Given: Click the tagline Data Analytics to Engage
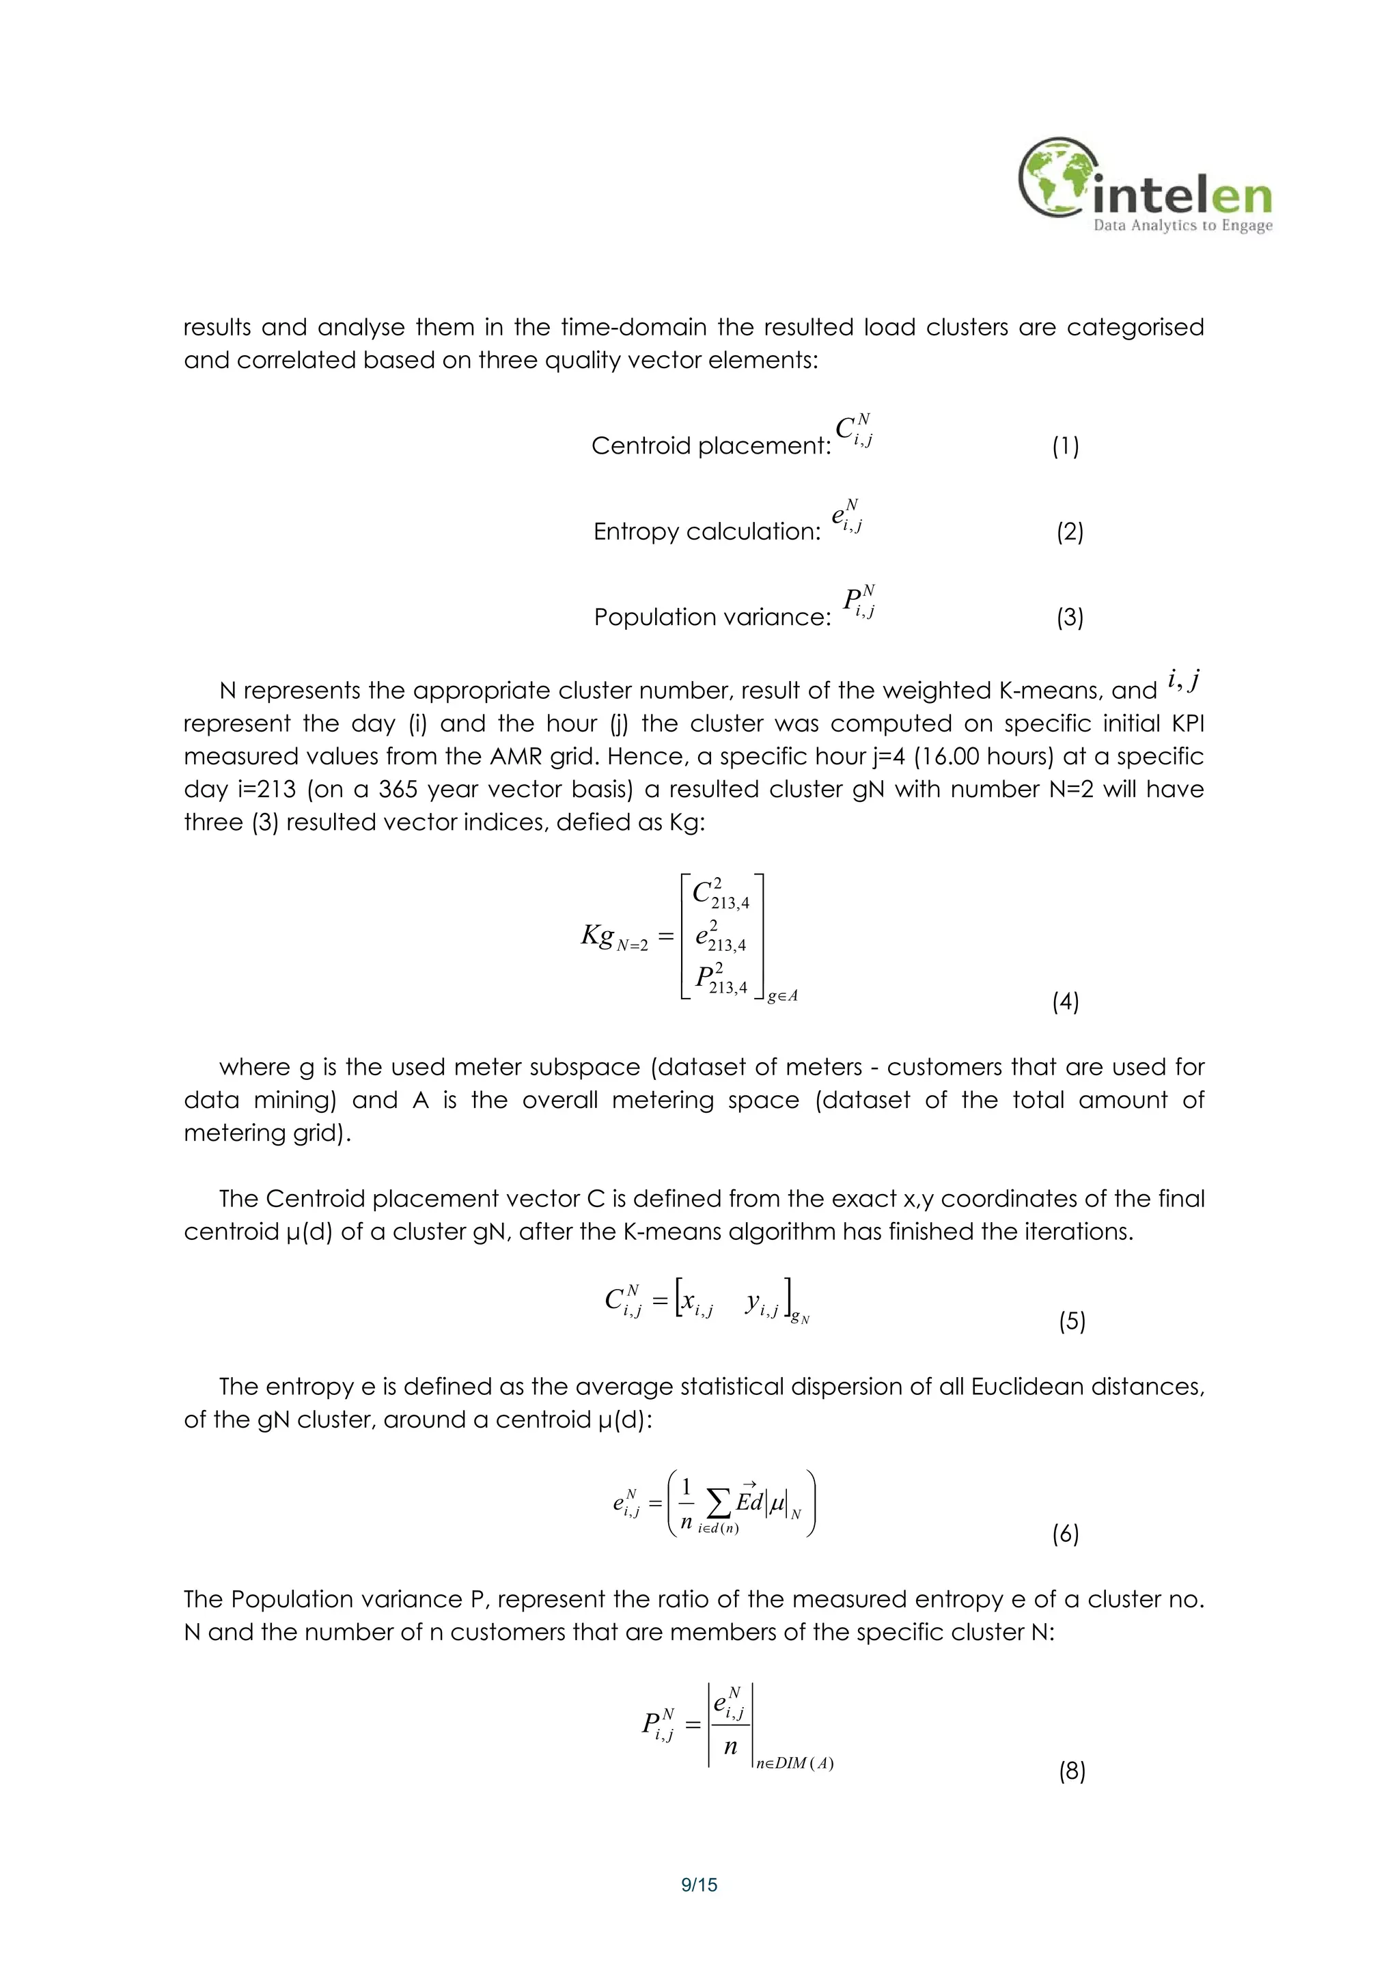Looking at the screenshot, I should pos(1182,226).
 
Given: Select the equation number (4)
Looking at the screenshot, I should pos(1066,1001).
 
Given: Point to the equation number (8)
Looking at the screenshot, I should pos(1071,1771).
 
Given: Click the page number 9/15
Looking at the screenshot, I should pos(699,1885).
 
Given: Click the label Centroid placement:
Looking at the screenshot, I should pos(711,445).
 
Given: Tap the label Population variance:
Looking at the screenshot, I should pos(712,617).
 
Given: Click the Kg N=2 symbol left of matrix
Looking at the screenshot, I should pos(613,937).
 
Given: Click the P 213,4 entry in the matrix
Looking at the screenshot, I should pos(721,979).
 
